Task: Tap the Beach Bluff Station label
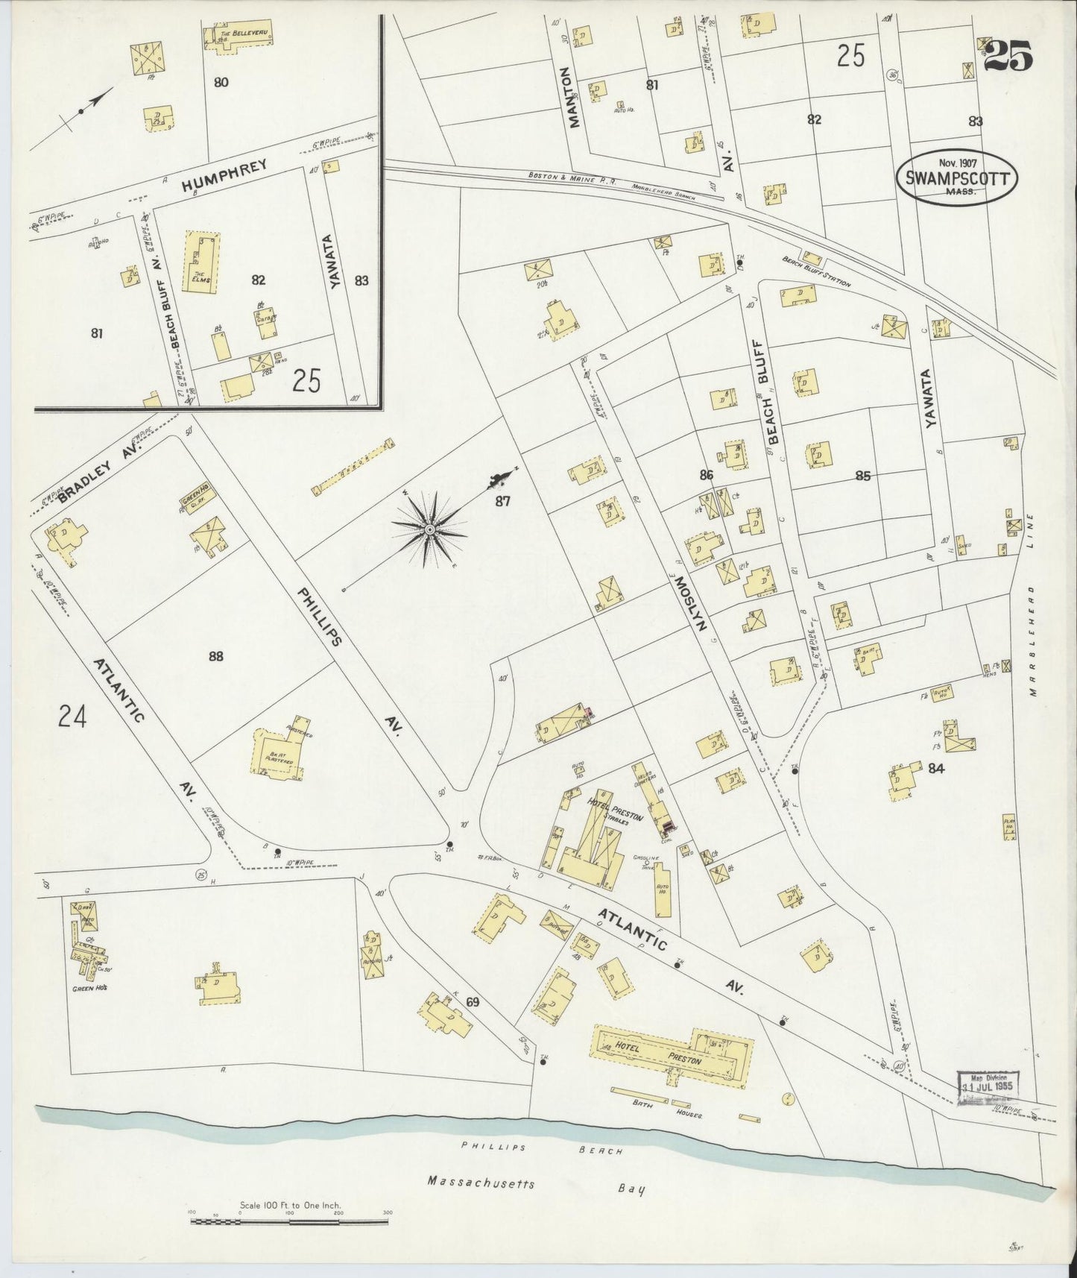click(x=816, y=272)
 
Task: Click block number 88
click(x=215, y=656)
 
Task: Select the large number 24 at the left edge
click(x=72, y=717)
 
